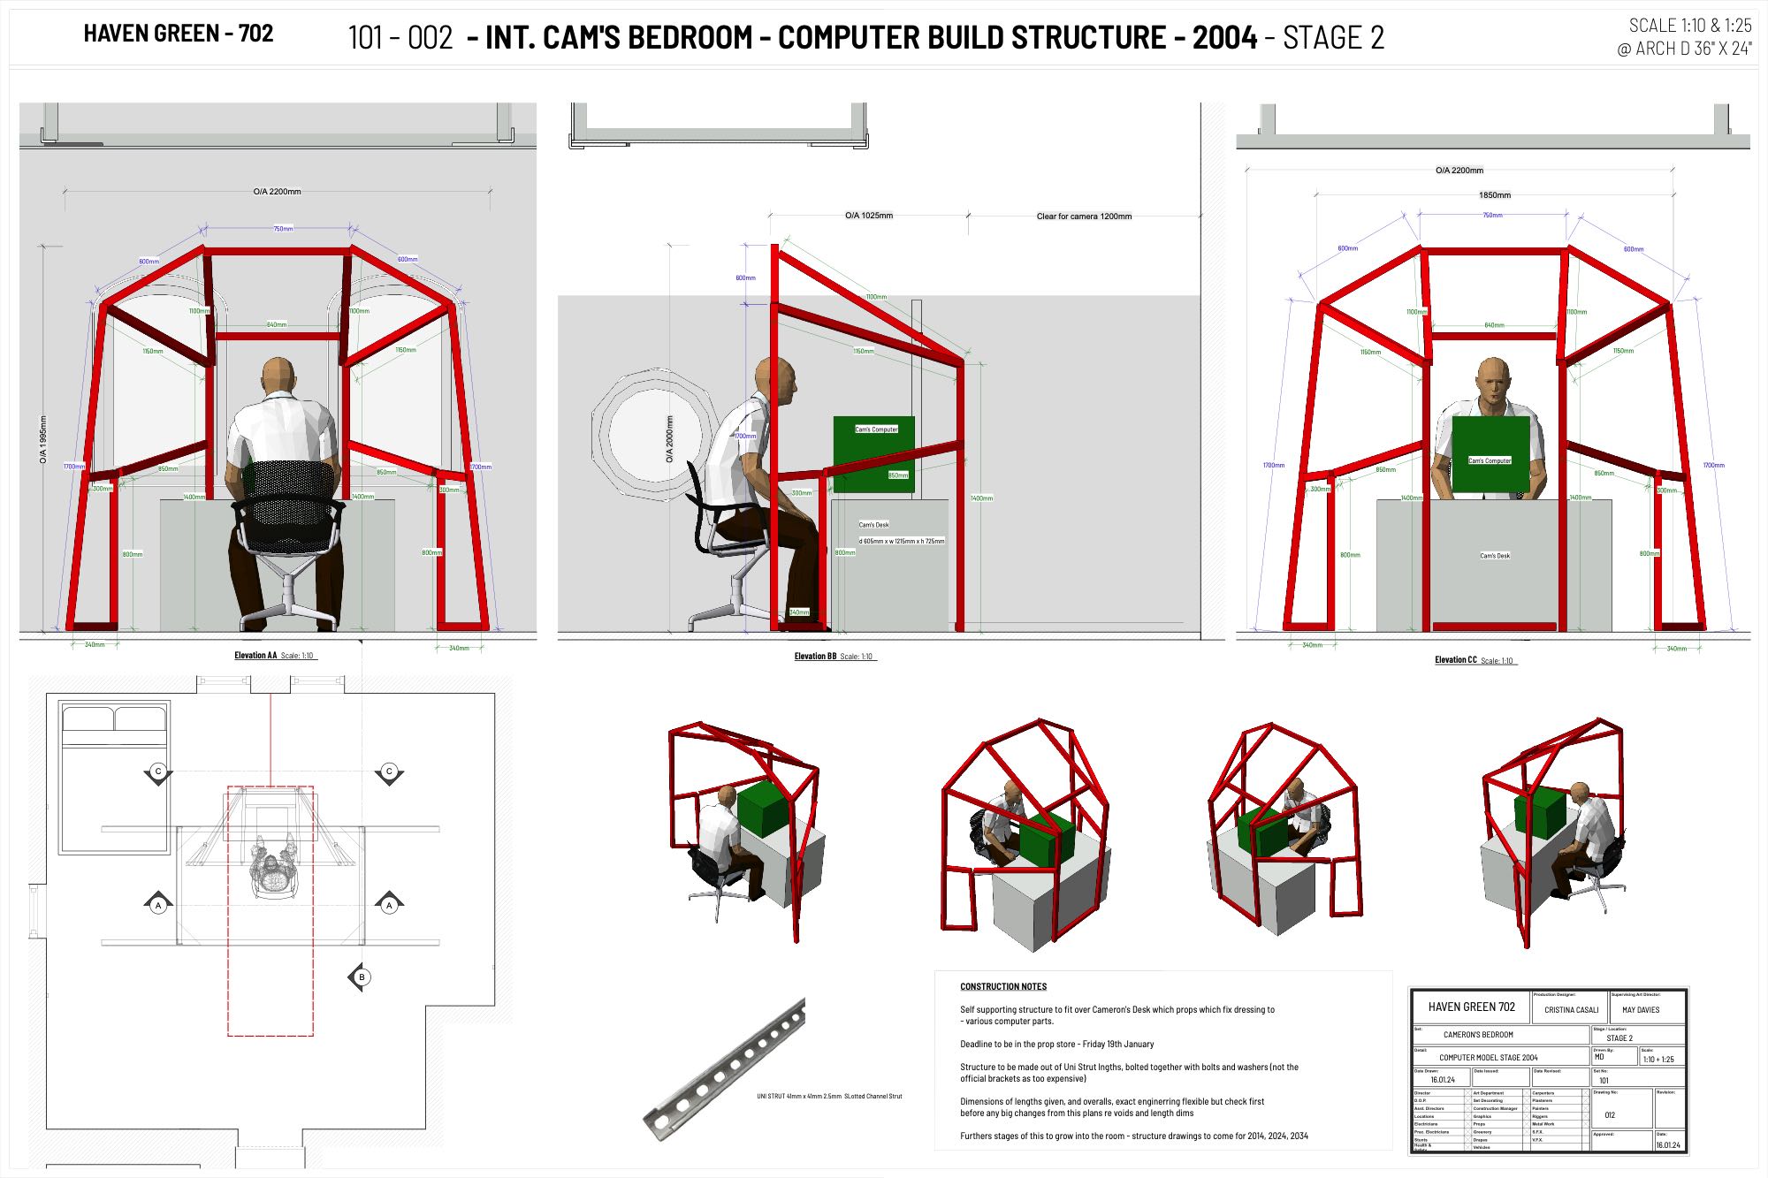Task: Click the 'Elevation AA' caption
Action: tap(255, 656)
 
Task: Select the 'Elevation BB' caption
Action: tap(815, 657)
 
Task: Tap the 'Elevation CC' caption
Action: tap(1456, 660)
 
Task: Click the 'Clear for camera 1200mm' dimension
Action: tap(1084, 216)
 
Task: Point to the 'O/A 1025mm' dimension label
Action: tap(868, 215)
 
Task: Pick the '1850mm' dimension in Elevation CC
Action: tap(1495, 194)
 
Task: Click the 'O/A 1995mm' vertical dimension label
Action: tap(43, 440)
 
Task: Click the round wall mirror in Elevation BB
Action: tap(654, 433)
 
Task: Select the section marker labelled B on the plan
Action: tap(361, 977)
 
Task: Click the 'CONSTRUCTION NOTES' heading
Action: tap(1003, 986)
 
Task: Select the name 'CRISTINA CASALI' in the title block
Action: tap(1571, 1009)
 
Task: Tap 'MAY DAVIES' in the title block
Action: tap(1641, 1009)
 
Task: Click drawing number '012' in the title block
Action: tap(1610, 1115)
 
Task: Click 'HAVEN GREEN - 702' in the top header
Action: tap(179, 34)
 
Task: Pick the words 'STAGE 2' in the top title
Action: tap(1333, 38)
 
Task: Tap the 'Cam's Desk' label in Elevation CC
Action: tap(1495, 556)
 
